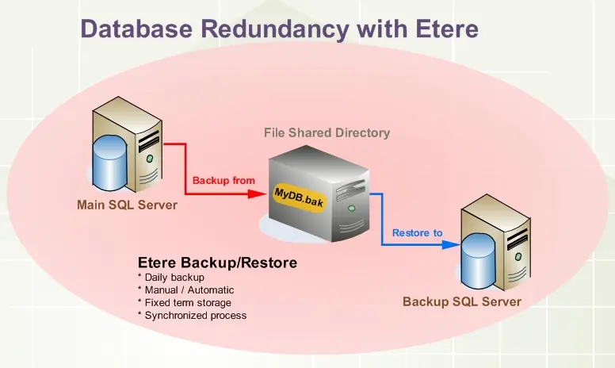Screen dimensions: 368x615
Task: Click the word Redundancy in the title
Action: click(x=271, y=29)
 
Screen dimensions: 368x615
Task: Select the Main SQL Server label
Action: click(x=127, y=205)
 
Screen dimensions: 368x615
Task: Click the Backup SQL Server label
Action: click(x=462, y=301)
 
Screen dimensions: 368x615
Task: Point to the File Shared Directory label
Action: click(x=327, y=133)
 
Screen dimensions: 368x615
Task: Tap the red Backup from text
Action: click(x=223, y=180)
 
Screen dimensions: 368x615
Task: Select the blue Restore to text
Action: click(x=417, y=232)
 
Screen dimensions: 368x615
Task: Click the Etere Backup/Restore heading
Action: click(x=217, y=263)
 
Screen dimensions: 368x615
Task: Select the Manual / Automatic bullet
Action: click(x=185, y=290)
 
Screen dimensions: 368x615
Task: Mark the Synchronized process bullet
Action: click(x=192, y=316)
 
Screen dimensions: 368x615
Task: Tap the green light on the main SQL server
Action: click(x=148, y=159)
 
